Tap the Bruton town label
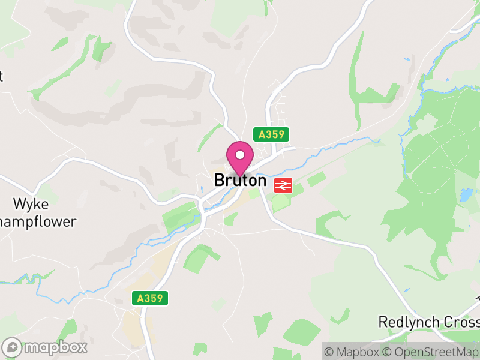tap(240, 180)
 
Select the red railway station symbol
tap(283, 185)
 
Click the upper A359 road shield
tap(271, 135)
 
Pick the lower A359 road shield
tap(150, 298)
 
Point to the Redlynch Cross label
tap(428, 322)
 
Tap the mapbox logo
tap(46, 347)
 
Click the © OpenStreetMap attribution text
tap(434, 352)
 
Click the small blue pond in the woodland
tap(466, 195)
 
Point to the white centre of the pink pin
tap(240, 155)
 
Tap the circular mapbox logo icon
tap(13, 347)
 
